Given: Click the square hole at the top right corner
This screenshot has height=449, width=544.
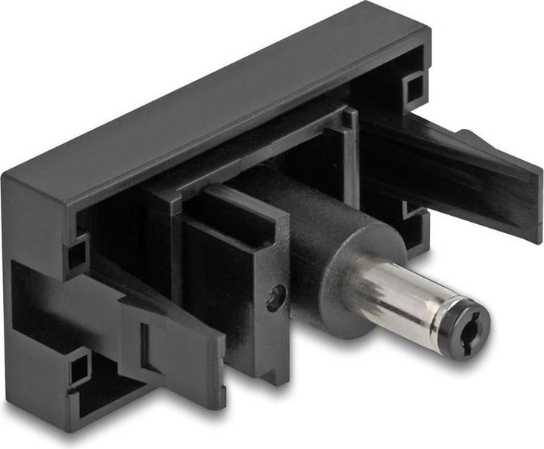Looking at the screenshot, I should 413,88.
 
